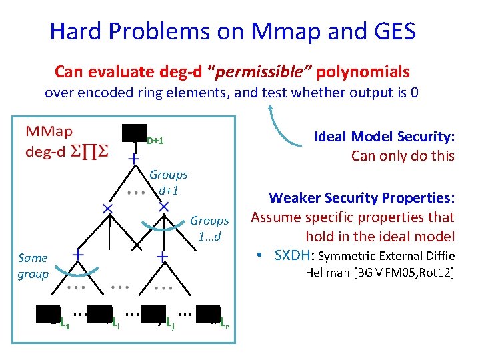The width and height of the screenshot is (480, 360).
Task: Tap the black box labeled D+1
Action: point(134,134)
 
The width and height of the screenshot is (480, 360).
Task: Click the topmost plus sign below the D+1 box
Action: point(134,159)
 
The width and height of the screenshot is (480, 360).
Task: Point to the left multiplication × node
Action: point(107,209)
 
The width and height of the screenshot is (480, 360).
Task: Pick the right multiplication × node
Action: point(163,208)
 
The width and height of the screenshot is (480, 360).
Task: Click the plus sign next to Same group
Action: point(78,255)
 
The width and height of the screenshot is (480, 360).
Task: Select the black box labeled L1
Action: point(49,316)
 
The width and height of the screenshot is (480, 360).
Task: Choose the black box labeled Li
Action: point(99,316)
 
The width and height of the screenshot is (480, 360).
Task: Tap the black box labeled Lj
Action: point(153,316)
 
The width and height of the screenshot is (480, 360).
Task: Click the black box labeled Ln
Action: point(208,316)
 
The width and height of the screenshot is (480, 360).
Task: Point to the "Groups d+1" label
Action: point(168,182)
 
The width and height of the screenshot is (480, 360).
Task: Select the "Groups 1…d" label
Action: point(209,228)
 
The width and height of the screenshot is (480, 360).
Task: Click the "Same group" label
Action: point(33,266)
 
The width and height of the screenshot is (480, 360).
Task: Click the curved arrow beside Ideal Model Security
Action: point(283,127)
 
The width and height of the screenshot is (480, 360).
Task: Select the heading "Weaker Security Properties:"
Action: point(361,198)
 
